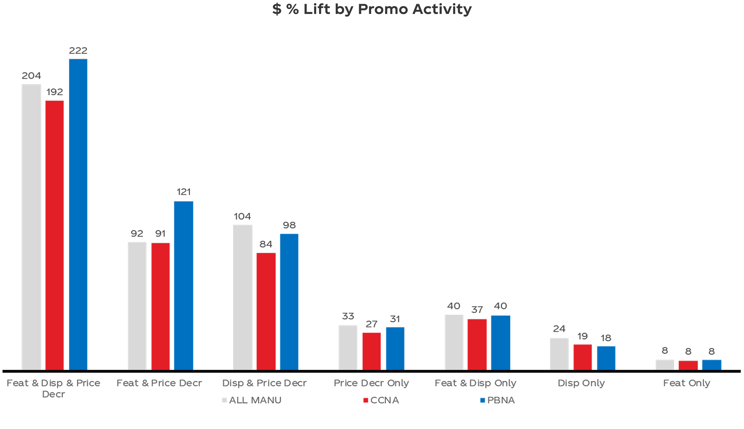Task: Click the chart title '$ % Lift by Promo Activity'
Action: [372, 9]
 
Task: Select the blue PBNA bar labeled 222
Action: [78, 214]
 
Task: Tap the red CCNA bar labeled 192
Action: [55, 235]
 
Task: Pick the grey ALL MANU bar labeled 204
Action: [31, 227]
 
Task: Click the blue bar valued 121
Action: [184, 285]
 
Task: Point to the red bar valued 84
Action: [266, 311]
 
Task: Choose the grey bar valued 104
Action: [242, 297]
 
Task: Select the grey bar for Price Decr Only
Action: [348, 347]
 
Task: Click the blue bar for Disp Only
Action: [606, 358]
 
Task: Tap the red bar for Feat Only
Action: [688, 365]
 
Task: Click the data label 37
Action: [477, 310]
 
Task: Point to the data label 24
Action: [559, 329]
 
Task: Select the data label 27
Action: [372, 324]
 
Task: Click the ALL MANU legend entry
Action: [252, 400]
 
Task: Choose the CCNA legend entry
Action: [381, 400]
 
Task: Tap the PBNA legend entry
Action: [498, 400]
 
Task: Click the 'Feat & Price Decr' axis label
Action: [159, 383]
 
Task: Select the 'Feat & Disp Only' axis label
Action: [476, 383]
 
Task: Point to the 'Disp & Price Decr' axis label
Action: [264, 383]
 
